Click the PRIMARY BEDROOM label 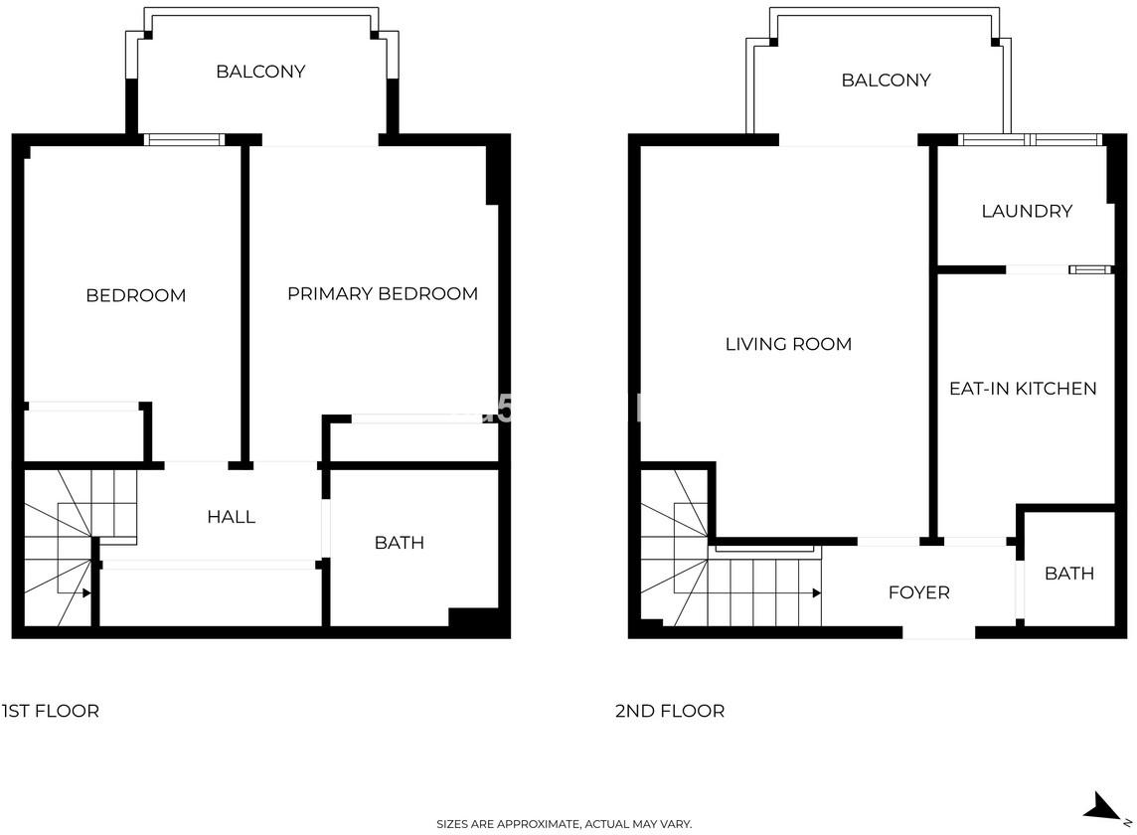coord(382,294)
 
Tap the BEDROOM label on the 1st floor coord(135,295)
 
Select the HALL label coord(232,517)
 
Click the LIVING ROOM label coord(788,344)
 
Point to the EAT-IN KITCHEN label coord(1023,389)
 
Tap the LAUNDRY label coord(1027,211)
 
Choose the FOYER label coord(918,592)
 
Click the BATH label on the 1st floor coord(399,543)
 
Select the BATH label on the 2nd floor coord(1068,574)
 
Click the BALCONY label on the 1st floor coord(260,72)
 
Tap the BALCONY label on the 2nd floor coord(886,80)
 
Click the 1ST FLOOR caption coord(50,711)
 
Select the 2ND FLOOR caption coord(669,711)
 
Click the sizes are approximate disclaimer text coord(565,824)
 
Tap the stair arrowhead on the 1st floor coord(86,593)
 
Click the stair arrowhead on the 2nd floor coord(817,593)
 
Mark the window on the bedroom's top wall coord(184,140)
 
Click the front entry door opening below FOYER coord(938,633)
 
